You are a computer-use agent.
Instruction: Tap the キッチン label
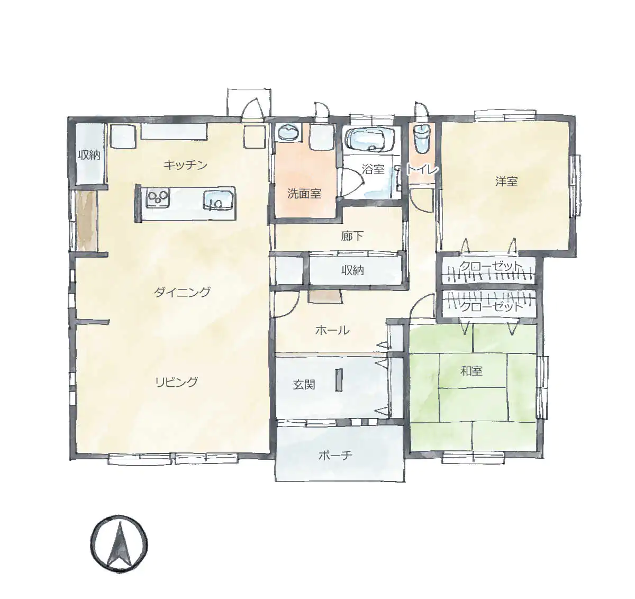185,165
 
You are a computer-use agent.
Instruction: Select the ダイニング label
182,292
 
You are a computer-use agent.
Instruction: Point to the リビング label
177,382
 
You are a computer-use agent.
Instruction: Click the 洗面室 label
304,194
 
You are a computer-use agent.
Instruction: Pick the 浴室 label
373,169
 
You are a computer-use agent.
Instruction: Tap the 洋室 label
506,181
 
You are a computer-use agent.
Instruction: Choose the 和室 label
471,371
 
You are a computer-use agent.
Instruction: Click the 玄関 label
304,385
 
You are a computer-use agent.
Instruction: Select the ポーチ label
335,456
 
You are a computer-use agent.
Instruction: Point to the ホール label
332,330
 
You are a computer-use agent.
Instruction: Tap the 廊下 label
352,237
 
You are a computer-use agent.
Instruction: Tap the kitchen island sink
217,200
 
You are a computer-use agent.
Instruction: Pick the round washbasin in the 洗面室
288,132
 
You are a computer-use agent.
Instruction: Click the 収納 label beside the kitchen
89,155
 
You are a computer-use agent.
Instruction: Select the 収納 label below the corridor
352,270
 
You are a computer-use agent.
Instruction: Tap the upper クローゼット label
491,266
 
